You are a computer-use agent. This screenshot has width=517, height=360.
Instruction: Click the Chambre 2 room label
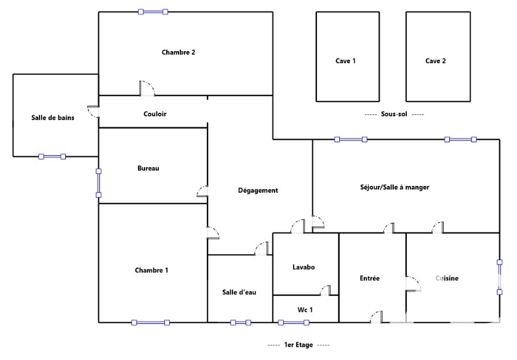pos(178,52)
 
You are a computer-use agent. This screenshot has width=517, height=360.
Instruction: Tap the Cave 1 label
pos(346,61)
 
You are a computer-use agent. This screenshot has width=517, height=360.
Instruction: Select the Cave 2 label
pos(436,61)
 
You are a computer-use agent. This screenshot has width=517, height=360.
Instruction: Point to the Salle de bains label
pos(53,118)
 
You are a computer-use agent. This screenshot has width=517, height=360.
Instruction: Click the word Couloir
pos(155,114)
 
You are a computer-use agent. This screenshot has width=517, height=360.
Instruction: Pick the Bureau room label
pos(148,168)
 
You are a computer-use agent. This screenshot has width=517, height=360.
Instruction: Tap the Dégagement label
pos(258,190)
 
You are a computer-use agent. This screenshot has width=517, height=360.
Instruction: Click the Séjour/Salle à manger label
pos(395,187)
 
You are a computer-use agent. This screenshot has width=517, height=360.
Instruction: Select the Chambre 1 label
pos(151,270)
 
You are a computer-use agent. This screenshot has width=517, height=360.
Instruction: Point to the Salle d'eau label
pos(239,292)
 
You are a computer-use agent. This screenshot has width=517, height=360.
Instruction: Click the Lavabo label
pos(303,267)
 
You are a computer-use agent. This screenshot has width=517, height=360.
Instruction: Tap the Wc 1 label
pos(305,310)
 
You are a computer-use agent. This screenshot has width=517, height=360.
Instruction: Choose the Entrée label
pos(370,278)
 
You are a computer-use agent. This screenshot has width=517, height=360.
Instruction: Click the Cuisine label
pos(447,278)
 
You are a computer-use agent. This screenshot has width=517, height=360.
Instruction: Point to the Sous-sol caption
pos(394,114)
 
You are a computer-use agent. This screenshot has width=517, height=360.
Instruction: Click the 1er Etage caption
pos(299,345)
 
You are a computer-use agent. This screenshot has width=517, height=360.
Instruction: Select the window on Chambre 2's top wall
pos(153,12)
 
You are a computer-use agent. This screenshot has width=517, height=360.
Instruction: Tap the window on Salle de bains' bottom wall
pos(52,156)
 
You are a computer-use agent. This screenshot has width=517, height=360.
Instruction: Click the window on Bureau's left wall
pos(98,183)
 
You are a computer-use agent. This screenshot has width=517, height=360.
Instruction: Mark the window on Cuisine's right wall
pos(499,276)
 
